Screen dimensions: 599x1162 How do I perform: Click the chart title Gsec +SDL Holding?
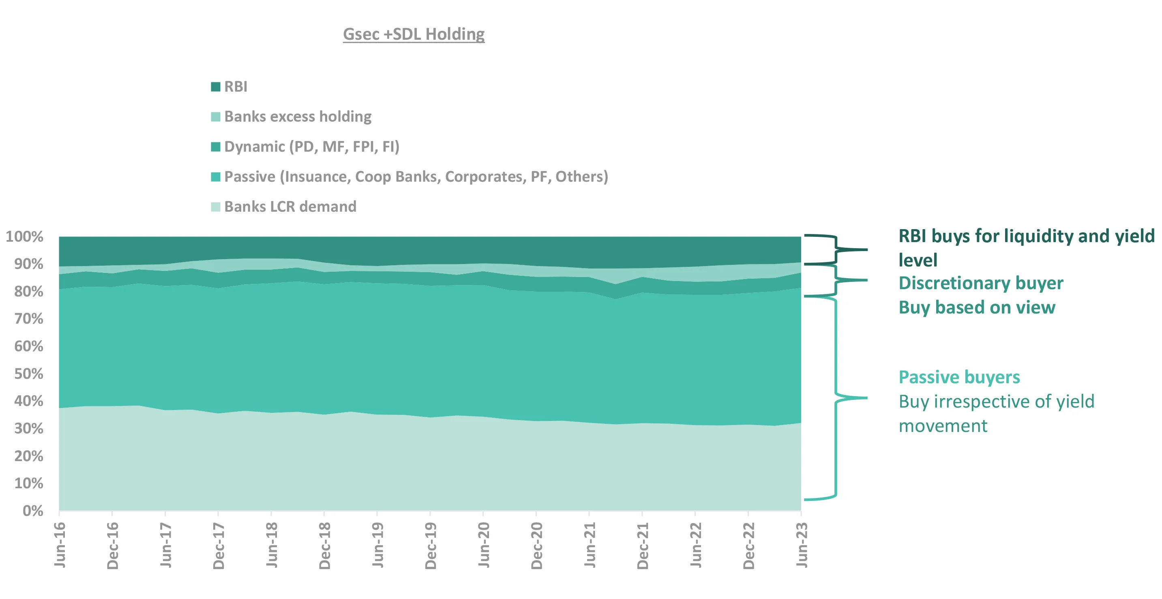tap(414, 34)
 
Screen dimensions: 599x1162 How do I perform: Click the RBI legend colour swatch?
tap(216, 87)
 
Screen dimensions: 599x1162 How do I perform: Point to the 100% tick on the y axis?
tap(24, 236)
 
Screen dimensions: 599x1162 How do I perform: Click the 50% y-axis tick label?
tap(28, 374)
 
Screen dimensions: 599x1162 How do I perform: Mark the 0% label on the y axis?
tap(32, 511)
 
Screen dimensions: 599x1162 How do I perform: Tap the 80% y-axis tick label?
tap(28, 291)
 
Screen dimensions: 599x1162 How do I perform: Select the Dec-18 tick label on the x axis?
tap(325, 546)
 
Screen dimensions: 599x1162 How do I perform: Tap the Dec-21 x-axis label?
tap(643, 546)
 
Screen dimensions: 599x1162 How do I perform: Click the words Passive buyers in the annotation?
tap(959, 377)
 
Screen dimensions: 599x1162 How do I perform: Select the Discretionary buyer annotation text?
tap(981, 283)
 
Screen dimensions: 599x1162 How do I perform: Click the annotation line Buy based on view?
tap(977, 308)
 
